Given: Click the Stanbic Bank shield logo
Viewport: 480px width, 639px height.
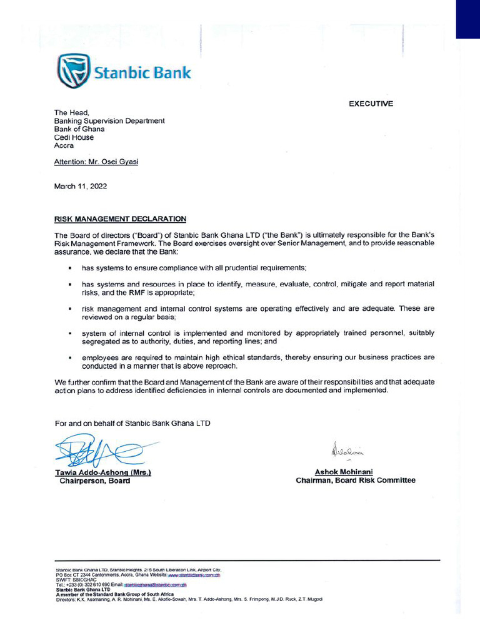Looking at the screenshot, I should (x=72, y=71).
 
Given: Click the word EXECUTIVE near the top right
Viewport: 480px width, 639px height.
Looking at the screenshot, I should (x=371, y=104).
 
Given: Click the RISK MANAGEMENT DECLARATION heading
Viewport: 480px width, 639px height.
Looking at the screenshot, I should (x=120, y=219).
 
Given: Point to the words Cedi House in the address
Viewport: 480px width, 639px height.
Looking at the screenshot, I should (x=74, y=137).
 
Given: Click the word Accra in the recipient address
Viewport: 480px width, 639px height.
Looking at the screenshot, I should (x=64, y=145).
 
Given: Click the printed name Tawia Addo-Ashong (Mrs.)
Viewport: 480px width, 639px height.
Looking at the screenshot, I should (x=103, y=472).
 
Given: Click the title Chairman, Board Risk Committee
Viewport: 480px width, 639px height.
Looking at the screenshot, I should (x=355, y=480).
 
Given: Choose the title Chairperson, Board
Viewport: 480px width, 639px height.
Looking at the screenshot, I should (x=95, y=480).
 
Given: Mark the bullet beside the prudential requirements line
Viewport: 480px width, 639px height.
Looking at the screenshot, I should (x=70, y=268).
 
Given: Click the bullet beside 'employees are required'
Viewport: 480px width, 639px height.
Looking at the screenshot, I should (x=70, y=358).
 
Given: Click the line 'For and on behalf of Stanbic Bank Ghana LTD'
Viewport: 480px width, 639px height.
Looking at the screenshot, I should (x=132, y=423).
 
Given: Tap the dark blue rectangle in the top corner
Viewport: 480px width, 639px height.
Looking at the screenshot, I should (x=467, y=19).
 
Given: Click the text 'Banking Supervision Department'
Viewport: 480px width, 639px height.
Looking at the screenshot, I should (x=109, y=120).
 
